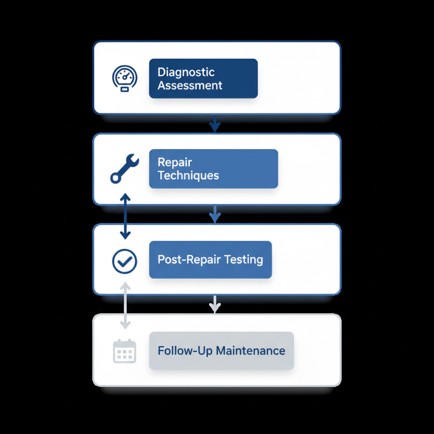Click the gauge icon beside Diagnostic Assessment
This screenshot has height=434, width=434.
[124, 78]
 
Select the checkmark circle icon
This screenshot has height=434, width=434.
[125, 261]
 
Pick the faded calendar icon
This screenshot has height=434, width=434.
[125, 351]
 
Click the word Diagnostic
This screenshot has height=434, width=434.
[186, 72]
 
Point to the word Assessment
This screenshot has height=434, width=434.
[190, 85]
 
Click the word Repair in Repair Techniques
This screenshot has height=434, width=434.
[175, 162]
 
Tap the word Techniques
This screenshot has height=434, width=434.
[188, 175]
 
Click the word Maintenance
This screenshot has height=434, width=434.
[250, 351]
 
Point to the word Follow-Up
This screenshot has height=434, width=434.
[185, 351]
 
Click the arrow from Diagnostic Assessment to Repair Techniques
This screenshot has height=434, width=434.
[215, 123]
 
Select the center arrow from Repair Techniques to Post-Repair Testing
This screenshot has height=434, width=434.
[215, 214]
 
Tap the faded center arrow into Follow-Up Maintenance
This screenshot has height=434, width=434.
[215, 305]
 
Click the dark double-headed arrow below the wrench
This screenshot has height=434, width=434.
[125, 216]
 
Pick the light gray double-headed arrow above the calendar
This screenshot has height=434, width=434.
[125, 306]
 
